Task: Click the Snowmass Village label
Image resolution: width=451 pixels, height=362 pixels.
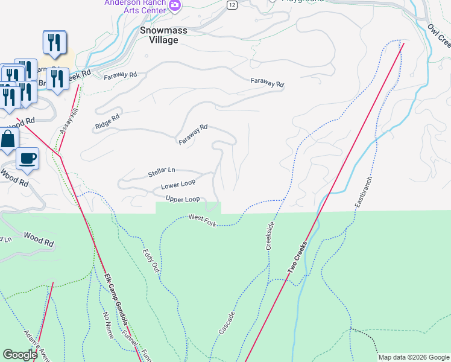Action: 159,34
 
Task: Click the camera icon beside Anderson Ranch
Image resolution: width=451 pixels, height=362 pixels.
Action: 175,5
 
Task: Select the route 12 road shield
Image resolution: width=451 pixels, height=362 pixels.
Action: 232,4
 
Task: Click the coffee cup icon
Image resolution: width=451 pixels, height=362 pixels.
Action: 28,159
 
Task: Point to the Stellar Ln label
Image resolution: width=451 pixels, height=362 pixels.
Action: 161,173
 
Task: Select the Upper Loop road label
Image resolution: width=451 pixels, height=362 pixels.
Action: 182,199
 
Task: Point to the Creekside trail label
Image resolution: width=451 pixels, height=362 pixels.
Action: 270,236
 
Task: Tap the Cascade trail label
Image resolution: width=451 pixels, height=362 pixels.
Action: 227,323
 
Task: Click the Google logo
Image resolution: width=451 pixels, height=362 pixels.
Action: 20,355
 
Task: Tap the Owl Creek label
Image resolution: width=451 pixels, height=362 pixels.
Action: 438,35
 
